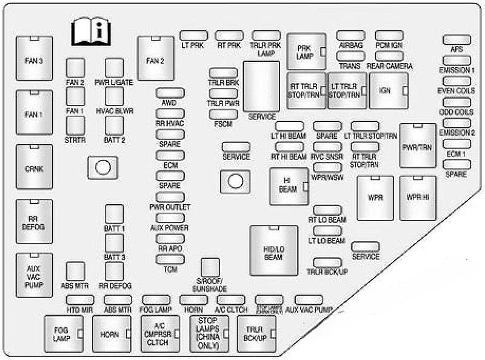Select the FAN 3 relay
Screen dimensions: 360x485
[x=35, y=60]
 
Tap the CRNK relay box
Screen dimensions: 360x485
[x=35, y=168]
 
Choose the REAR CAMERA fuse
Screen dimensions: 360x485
[x=389, y=56]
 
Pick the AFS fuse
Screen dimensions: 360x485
[x=457, y=40]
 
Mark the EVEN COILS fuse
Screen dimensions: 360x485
[x=457, y=81]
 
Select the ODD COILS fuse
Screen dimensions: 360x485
[x=457, y=102]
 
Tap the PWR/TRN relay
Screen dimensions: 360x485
[x=418, y=145]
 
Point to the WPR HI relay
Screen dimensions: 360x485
[x=418, y=198]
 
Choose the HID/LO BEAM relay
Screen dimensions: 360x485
[x=273, y=250]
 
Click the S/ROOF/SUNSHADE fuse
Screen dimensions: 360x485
[x=210, y=267]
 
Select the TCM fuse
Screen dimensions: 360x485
[x=170, y=259]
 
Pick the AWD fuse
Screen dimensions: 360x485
[x=170, y=93]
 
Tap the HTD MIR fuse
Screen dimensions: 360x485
[x=80, y=299]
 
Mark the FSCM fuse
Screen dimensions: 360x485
[x=223, y=113]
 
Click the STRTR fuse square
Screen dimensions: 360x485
[x=75, y=125]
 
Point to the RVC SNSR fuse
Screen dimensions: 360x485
[x=327, y=147]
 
